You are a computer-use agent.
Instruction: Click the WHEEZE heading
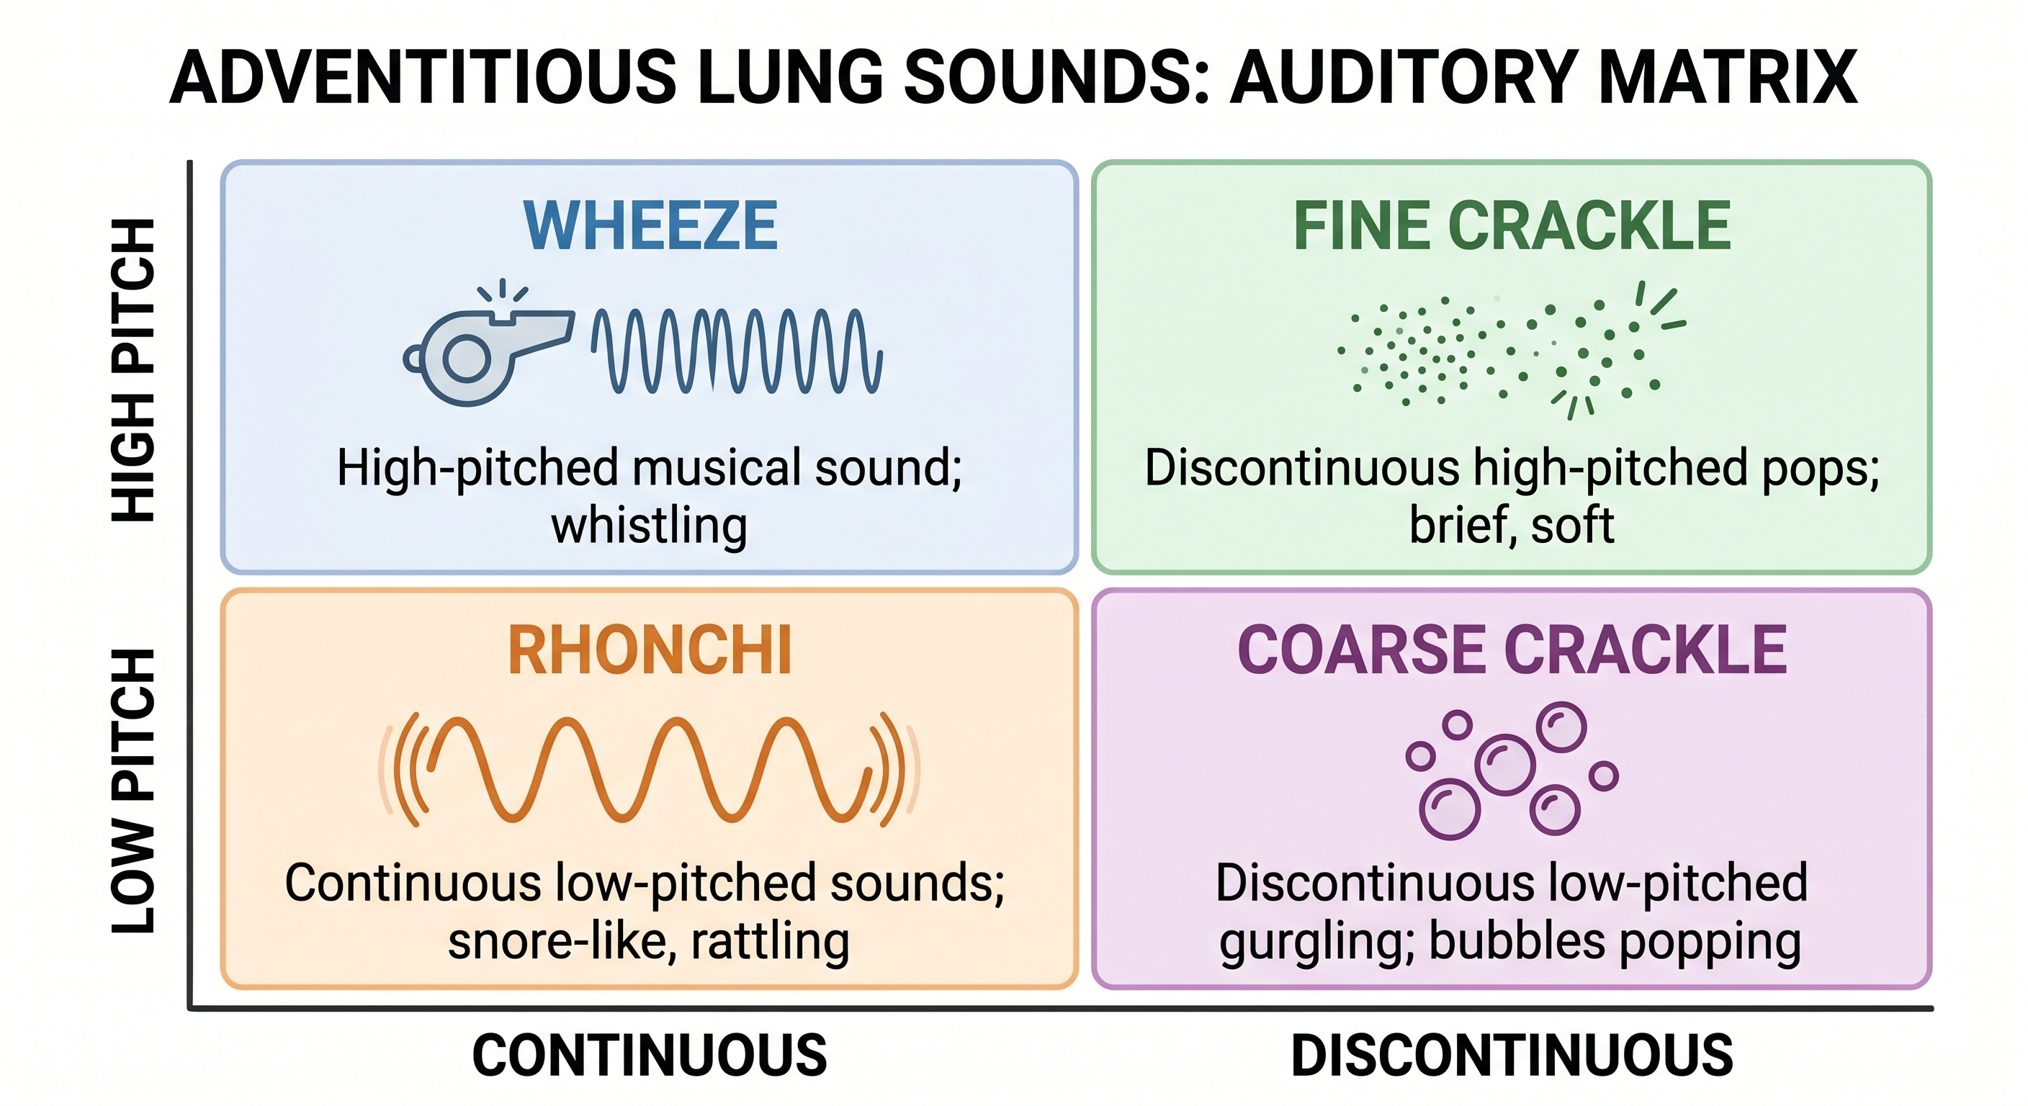tap(650, 226)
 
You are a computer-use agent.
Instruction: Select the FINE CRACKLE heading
tap(1512, 226)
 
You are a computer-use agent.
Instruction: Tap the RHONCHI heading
tap(650, 650)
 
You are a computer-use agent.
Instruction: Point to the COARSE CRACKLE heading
tap(1512, 650)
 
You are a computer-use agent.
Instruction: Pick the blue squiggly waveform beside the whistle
tap(737, 351)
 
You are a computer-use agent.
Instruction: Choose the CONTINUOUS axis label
tap(650, 1056)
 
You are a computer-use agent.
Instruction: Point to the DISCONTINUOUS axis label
tap(1512, 1056)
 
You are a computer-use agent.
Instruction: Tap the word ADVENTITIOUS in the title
tap(423, 76)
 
